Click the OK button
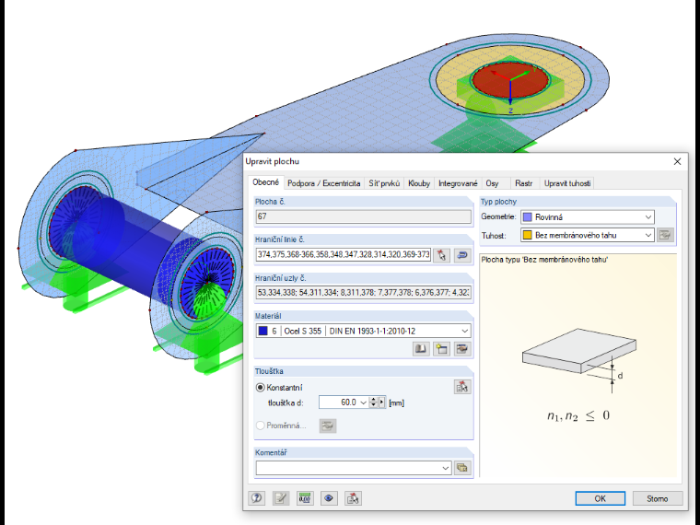coord(600,498)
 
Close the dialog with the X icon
coord(677,161)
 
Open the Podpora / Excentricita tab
coord(323,183)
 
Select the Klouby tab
coord(419,183)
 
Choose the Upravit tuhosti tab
coord(567,183)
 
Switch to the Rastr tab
coord(523,183)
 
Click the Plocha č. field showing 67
coord(364,216)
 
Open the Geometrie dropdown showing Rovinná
coord(588,217)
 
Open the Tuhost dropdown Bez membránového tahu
coord(588,235)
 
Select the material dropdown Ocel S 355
coord(364,331)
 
